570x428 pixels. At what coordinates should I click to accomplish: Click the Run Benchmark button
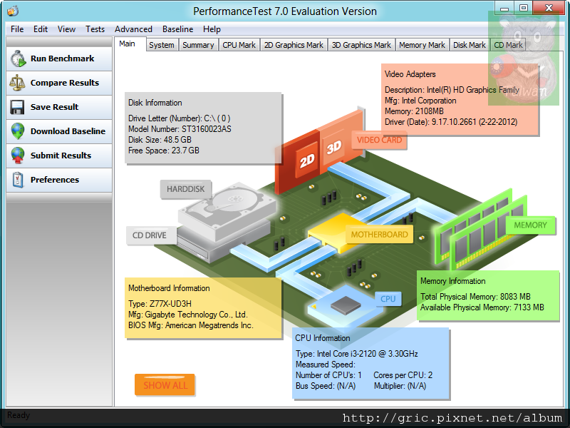pos(58,58)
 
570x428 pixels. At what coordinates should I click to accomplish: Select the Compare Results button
pos(58,83)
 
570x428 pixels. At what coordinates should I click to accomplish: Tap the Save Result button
pos(58,107)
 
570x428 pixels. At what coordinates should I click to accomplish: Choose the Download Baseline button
pos(58,131)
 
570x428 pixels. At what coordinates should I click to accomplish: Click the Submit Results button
pos(58,156)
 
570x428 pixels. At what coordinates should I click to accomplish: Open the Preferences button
pos(58,180)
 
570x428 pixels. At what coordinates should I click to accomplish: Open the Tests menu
pos(95,29)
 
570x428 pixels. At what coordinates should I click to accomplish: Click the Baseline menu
pos(177,29)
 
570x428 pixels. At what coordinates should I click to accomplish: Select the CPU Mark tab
pos(239,45)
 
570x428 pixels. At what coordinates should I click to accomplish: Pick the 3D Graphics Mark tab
pos(361,45)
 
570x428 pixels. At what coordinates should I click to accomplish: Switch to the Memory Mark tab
pos(422,45)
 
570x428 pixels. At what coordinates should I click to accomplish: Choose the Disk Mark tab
pos(470,45)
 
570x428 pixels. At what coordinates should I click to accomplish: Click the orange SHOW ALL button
pos(165,385)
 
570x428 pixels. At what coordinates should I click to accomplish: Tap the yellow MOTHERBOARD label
pos(379,234)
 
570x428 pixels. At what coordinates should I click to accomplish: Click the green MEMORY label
pos(530,225)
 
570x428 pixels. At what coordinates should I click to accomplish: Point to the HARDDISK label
pos(185,189)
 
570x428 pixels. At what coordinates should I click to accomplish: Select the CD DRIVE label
pos(150,235)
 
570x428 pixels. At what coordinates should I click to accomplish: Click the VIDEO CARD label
pos(379,140)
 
